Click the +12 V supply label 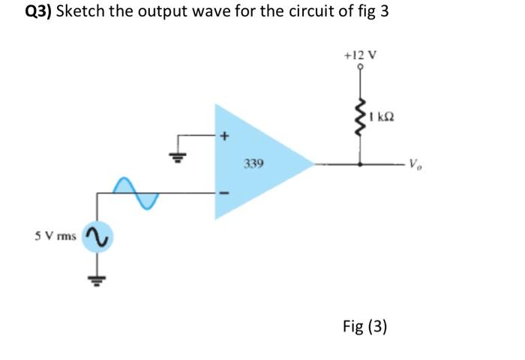click(361, 55)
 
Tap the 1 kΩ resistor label click(382, 116)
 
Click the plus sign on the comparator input click(223, 137)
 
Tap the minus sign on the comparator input click(222, 193)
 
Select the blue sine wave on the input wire click(136, 193)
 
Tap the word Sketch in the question click(80, 12)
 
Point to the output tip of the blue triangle click(313, 163)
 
